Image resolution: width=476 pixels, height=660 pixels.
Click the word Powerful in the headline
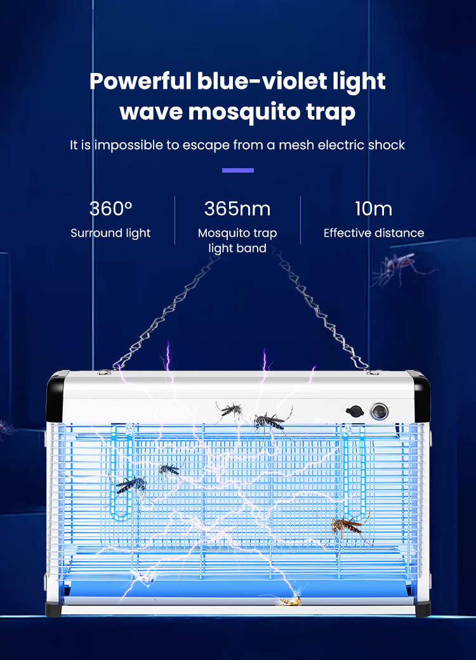pyautogui.click(x=140, y=81)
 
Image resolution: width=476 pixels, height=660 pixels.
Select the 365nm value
pyautogui.click(x=237, y=209)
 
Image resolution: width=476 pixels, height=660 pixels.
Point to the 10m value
pyautogui.click(x=373, y=209)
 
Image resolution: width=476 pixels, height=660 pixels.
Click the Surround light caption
pyautogui.click(x=110, y=233)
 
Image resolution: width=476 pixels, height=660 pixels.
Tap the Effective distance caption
pyautogui.click(x=374, y=233)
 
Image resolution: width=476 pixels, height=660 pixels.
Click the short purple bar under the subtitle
pyautogui.click(x=238, y=171)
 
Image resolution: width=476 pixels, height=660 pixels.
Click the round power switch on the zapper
pyautogui.click(x=379, y=411)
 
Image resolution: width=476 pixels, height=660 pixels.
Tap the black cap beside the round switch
pyautogui.click(x=354, y=411)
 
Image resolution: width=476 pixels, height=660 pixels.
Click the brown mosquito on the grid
pyautogui.click(x=348, y=525)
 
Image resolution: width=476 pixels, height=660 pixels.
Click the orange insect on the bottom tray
pyautogui.click(x=291, y=601)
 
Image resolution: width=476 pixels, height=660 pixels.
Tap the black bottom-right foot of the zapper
pyautogui.click(x=422, y=609)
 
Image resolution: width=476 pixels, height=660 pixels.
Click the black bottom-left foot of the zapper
pyautogui.click(x=54, y=609)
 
